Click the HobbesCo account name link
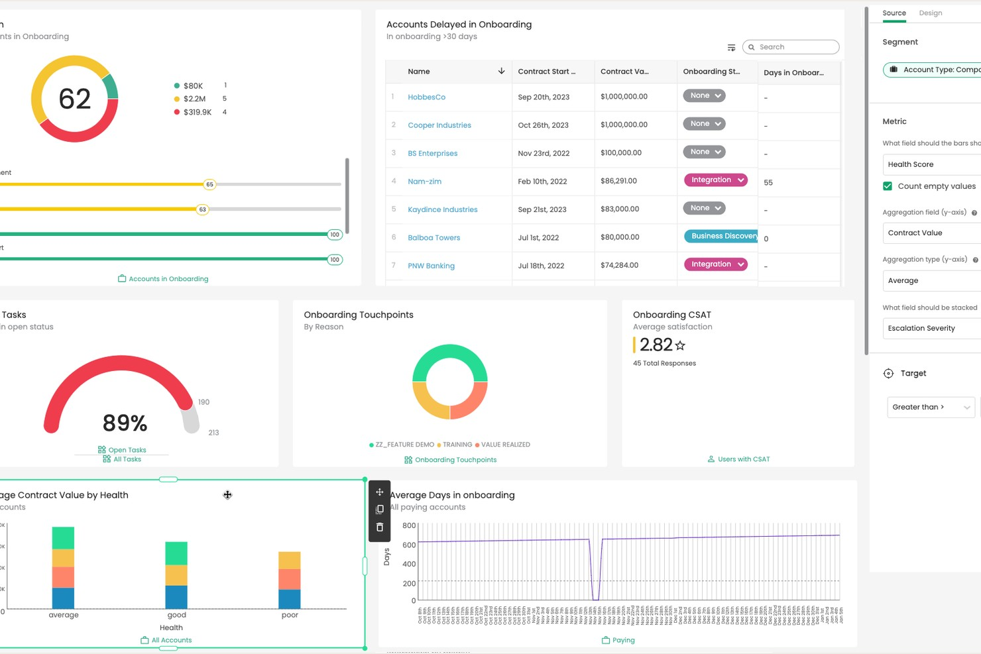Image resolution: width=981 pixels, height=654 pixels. click(426, 97)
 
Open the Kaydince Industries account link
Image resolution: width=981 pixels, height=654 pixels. click(442, 210)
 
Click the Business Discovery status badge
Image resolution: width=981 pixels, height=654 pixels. click(721, 237)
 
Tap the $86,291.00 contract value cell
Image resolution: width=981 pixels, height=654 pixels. click(618, 181)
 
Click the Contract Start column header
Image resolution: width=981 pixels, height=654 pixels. click(546, 72)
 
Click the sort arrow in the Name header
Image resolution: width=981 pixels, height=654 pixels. click(501, 71)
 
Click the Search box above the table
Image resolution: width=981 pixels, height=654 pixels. click(792, 47)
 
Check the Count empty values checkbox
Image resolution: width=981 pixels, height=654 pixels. click(888, 186)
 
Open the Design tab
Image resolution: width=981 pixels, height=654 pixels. click(930, 13)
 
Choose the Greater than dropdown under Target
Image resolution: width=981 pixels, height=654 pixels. click(930, 408)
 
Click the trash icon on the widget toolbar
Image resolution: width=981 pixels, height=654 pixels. click(380, 528)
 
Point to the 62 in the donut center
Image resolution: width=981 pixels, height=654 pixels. click(74, 99)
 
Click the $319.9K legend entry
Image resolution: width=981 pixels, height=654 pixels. click(197, 113)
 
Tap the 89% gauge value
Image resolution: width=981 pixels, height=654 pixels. click(125, 423)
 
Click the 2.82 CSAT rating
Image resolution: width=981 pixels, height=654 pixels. click(656, 345)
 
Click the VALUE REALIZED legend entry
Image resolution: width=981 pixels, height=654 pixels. click(505, 445)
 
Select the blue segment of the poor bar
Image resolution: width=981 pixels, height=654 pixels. click(290, 599)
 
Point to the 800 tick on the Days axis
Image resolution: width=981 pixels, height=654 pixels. click(409, 526)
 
